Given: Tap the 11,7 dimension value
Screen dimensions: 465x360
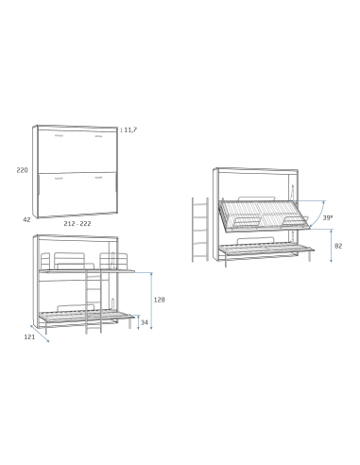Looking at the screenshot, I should coord(130,129).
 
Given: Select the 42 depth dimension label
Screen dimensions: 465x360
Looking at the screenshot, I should coord(27,218).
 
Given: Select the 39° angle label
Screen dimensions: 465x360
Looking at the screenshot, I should coord(328,216).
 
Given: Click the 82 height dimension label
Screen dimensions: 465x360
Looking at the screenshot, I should coord(338,246).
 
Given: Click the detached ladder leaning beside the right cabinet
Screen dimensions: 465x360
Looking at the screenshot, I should coord(199,230).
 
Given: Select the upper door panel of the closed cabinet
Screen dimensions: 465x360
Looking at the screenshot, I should coord(77,148).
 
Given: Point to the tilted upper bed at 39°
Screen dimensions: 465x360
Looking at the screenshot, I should coord(265,215).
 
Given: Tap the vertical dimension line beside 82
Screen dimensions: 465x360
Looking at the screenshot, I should coord(330,247).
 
